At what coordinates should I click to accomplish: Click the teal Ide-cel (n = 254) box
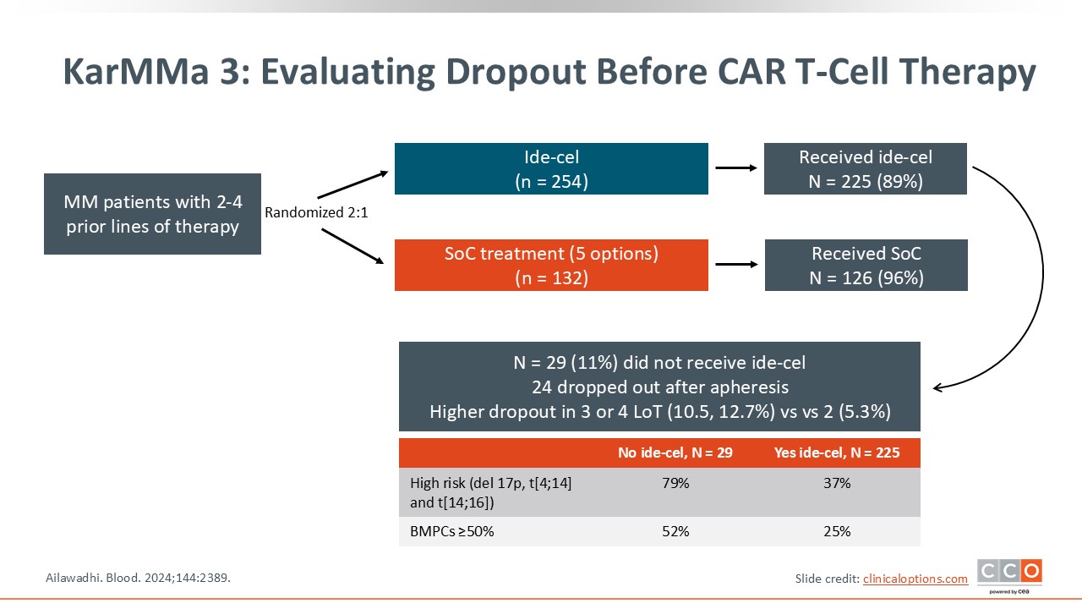[551, 169]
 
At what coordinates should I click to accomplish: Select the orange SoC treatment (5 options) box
[551, 266]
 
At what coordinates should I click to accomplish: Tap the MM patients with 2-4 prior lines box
[152, 214]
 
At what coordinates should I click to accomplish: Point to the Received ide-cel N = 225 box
[866, 169]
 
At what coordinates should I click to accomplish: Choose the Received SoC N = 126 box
[866, 266]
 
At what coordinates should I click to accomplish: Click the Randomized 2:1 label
[316, 213]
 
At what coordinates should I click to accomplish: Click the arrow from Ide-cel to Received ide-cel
[735, 168]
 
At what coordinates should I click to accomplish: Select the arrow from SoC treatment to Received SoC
[735, 265]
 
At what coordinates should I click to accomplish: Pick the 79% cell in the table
[675, 484]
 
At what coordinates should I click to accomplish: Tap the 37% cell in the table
[837, 484]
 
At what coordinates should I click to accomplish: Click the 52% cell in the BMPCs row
[675, 531]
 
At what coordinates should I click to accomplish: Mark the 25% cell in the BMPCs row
[837, 531]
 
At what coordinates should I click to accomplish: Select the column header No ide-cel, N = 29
[675, 453]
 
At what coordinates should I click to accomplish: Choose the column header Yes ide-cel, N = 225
[837, 453]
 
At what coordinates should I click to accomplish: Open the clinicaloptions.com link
[915, 579]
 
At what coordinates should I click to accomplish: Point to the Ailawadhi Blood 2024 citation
[137, 578]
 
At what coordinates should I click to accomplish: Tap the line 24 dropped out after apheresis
[659, 387]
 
